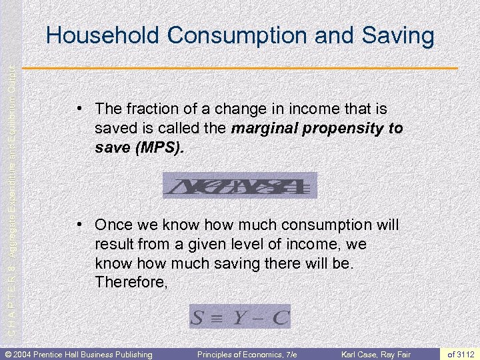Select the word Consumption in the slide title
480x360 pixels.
click(215, 36)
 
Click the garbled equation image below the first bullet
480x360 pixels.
click(240, 185)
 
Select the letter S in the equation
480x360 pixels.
click(198, 317)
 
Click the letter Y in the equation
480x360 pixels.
click(238, 317)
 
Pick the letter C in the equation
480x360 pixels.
click(280, 317)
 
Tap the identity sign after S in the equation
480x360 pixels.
click(217, 317)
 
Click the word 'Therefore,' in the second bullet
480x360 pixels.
click(131, 282)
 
